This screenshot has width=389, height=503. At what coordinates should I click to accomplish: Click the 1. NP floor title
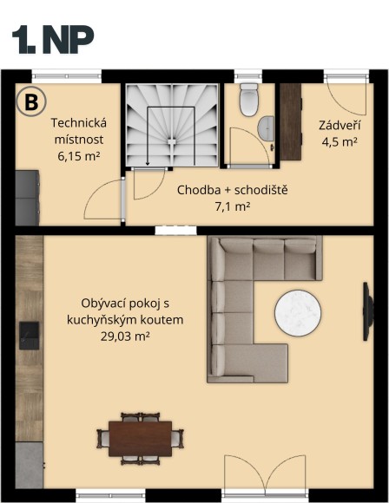53,40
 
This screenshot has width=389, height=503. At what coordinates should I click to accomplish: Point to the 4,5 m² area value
338,142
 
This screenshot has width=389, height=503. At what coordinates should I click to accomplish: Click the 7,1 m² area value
232,206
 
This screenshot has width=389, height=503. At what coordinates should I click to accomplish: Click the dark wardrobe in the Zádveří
289,121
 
